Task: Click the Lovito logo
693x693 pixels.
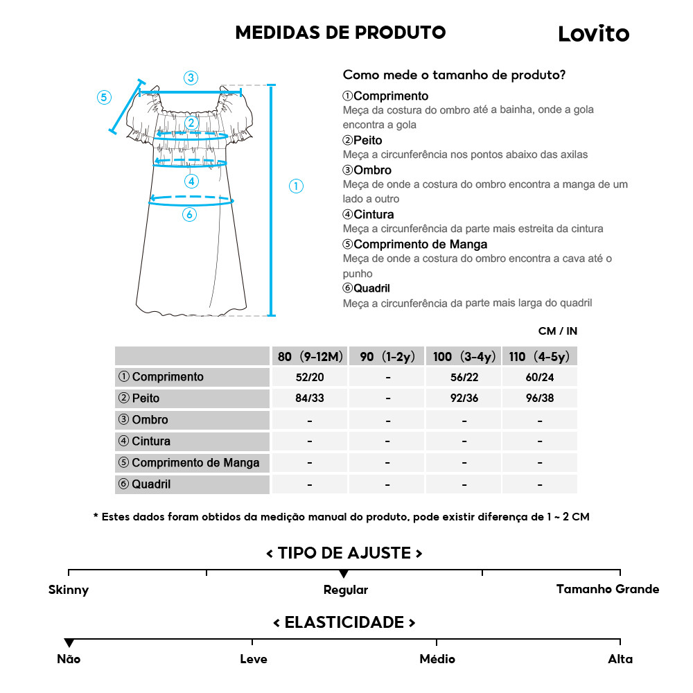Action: [593, 33]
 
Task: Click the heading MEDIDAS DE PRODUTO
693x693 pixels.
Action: [340, 33]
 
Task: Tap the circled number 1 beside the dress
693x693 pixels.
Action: [296, 186]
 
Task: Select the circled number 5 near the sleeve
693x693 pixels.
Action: [104, 97]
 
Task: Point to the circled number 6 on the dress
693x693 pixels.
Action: [189, 215]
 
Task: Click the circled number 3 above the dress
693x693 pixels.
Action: [191, 78]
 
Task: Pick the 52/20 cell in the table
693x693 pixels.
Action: [309, 377]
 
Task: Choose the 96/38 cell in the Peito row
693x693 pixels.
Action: [540, 398]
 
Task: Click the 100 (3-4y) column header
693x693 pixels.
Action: [464, 357]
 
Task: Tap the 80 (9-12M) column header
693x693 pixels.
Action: [310, 357]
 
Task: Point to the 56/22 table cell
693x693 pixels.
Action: [464, 377]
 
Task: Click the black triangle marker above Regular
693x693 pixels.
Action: [344, 574]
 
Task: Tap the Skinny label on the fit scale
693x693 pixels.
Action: [69, 590]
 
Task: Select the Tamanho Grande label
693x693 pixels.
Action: [607, 589]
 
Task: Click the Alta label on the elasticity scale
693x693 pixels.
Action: [620, 659]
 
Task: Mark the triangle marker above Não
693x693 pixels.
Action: [69, 643]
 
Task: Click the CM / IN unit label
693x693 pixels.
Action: [557, 331]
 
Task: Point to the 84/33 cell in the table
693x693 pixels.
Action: [309, 398]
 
